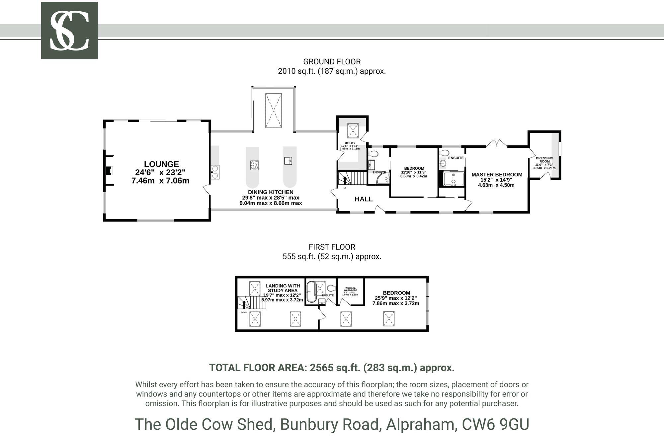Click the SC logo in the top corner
(x=69, y=31)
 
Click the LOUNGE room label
(x=161, y=164)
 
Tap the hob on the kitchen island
(x=255, y=165)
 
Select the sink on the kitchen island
(x=288, y=161)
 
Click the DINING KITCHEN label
(x=271, y=192)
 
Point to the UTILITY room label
(x=350, y=143)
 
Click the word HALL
(x=364, y=199)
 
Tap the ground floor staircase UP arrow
(x=345, y=180)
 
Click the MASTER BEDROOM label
(x=497, y=175)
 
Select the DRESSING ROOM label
(x=544, y=160)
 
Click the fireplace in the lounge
(x=109, y=171)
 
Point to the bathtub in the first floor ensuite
(x=311, y=292)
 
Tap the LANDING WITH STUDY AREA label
(x=283, y=288)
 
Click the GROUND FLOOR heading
(x=332, y=62)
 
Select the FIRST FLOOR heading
(x=332, y=247)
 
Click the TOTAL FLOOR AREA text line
(x=332, y=368)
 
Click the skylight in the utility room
(x=353, y=131)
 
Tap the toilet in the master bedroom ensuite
(x=444, y=153)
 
